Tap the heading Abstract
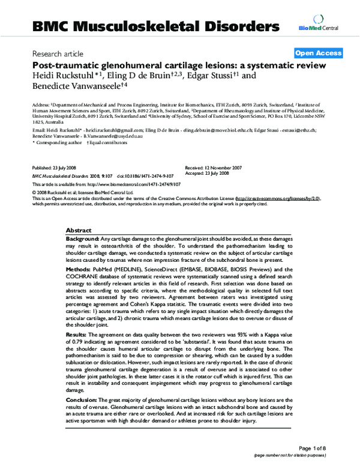(79, 231)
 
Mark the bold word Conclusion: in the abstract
(83, 399)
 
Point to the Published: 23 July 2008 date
(56, 168)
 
